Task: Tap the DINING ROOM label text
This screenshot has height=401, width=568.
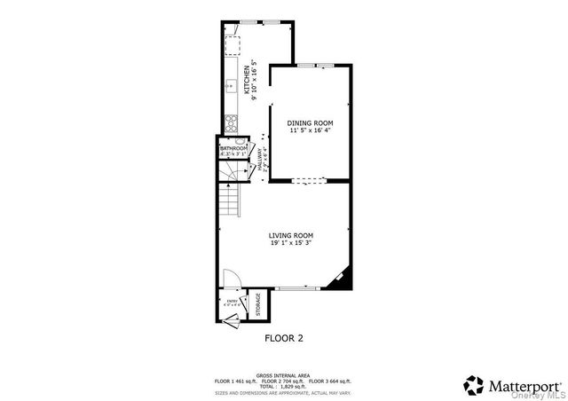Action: (x=309, y=122)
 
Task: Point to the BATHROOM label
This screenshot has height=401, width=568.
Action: (x=233, y=148)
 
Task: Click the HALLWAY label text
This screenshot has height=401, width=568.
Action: (x=259, y=159)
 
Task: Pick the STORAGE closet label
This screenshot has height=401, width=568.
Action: (x=258, y=304)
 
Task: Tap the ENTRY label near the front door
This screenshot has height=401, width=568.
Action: (x=231, y=302)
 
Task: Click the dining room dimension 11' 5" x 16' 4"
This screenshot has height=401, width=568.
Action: (x=309, y=130)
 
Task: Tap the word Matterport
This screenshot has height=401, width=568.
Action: (x=524, y=384)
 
